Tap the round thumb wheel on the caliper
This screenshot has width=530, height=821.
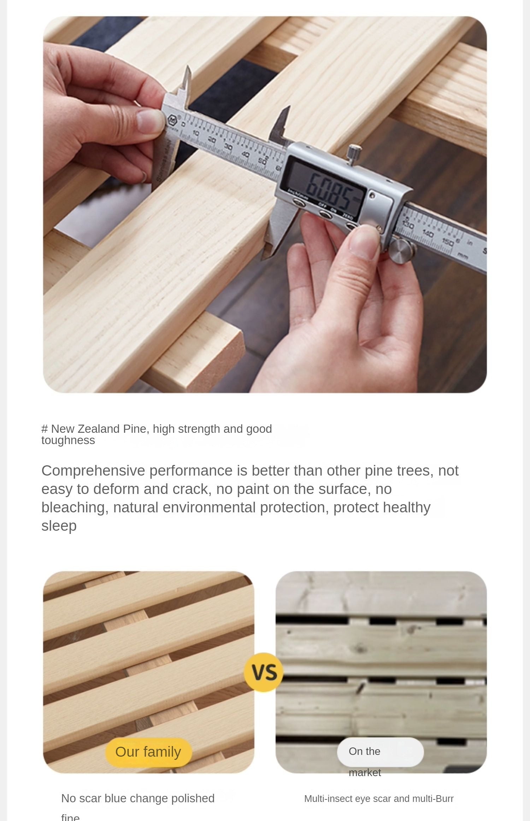coord(402,250)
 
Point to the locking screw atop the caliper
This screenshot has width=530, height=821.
coord(354,153)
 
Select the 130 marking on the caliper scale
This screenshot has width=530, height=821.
coord(408,224)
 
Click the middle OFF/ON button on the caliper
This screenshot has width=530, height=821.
coord(325,214)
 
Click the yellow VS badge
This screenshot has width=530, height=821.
coord(264,672)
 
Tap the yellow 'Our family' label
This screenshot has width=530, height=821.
coord(148,752)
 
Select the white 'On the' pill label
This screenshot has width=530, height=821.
coord(380,751)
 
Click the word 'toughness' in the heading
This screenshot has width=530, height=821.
coord(68,440)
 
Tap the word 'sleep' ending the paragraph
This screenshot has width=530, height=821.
coord(59,526)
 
